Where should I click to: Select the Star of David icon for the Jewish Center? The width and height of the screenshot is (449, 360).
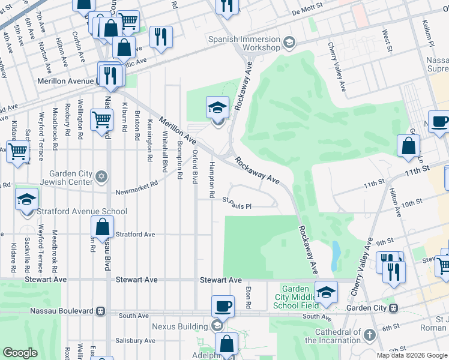tap(102, 175)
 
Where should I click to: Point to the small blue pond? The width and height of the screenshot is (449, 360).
tap(335, 256)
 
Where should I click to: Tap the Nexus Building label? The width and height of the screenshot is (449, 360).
tap(179, 327)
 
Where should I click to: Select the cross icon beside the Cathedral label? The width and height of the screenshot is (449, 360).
tap(370, 334)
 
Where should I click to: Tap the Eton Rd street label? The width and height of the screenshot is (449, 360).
tap(247, 295)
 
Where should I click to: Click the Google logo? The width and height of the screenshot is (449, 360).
tap(20, 352)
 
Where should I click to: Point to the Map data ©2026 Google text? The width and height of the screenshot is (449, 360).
tap(411, 355)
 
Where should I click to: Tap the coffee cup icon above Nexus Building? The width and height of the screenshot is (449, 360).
tap(223, 305)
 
